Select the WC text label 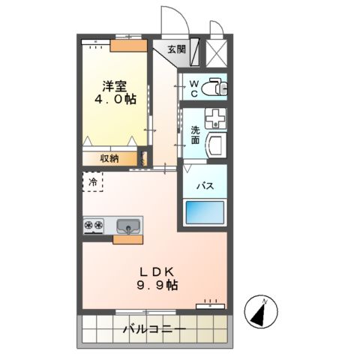[x=193, y=88]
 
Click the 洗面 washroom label [x=195, y=135]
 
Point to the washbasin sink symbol [x=217, y=118]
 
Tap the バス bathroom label [x=205, y=185]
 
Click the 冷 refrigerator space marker [x=93, y=182]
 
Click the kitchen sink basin [x=128, y=224]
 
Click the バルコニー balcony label [x=154, y=328]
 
